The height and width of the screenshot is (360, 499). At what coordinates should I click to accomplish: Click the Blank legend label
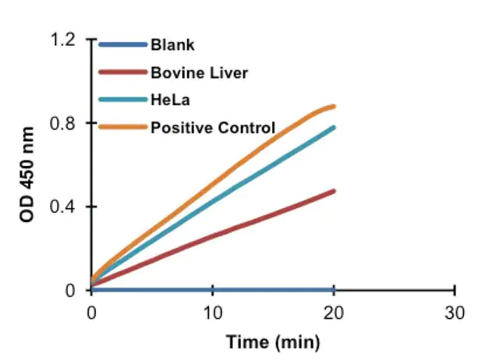[172, 45]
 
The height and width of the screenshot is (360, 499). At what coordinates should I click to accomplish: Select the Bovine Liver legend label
[200, 72]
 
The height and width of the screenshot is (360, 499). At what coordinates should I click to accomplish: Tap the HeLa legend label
[169, 100]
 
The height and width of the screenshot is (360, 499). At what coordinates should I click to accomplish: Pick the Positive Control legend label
[213, 127]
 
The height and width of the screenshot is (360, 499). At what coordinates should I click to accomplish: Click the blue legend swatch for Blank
[123, 45]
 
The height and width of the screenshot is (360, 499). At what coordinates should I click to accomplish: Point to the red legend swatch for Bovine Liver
[123, 72]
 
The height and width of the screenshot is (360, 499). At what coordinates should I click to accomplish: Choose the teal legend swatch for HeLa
[123, 100]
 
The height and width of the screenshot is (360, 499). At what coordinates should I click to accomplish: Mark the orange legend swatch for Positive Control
[123, 127]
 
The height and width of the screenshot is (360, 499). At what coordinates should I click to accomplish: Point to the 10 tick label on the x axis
[212, 312]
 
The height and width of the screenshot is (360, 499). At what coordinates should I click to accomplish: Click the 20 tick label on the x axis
[334, 312]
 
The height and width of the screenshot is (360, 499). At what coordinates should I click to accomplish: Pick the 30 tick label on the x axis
[455, 312]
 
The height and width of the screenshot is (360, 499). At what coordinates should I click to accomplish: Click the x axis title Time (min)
[273, 342]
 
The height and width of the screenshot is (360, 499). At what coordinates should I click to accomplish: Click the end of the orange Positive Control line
[334, 106]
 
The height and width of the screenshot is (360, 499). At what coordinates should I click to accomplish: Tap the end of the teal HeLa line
[334, 127]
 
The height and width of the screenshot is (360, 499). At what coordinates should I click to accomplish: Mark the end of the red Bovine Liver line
[334, 191]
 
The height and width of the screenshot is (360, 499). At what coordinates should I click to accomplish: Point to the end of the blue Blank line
[334, 290]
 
